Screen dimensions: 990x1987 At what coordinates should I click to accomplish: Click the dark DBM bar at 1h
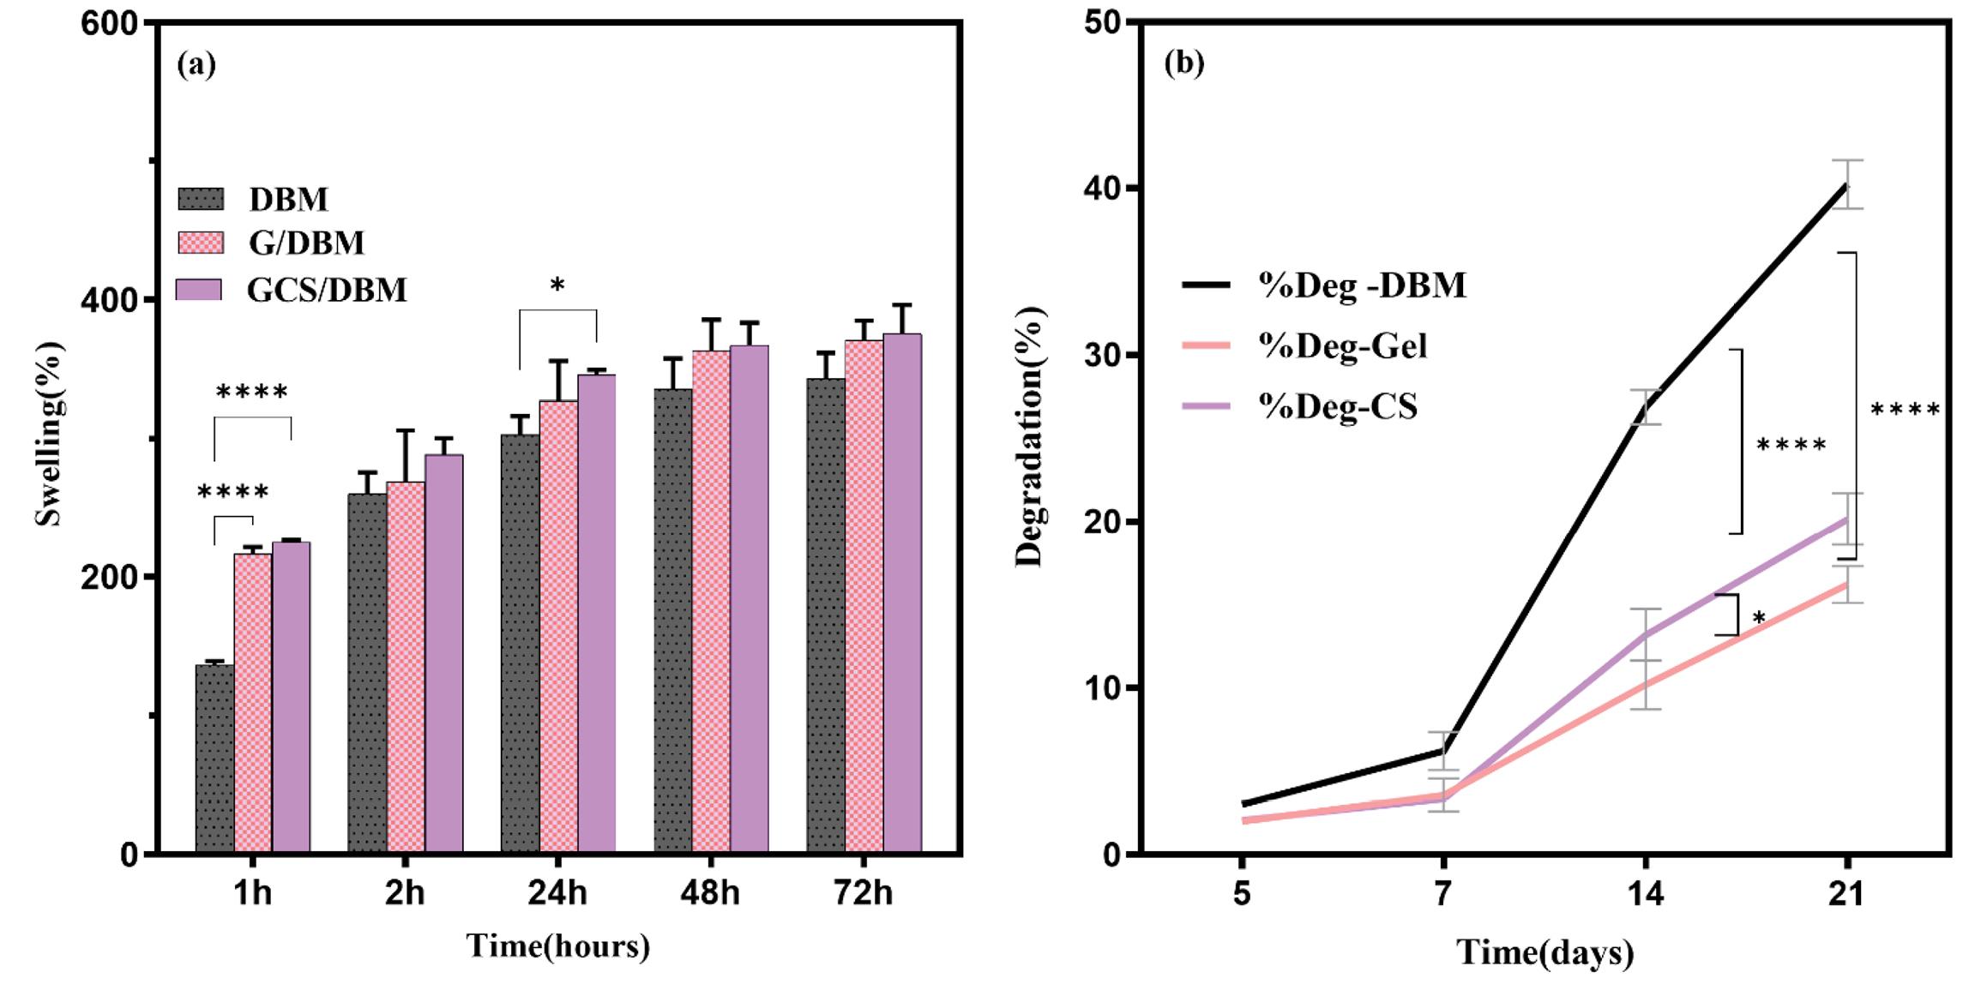(214, 758)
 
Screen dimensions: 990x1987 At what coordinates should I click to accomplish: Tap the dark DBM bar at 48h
(673, 621)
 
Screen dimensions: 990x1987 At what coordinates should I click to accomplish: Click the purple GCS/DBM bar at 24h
(597, 613)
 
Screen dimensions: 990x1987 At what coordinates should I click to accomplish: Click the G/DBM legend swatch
(201, 243)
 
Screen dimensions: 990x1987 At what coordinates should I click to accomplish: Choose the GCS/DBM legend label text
(327, 290)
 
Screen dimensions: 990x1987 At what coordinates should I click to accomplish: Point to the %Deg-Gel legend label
(1342, 345)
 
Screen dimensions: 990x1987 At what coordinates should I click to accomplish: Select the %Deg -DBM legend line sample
(1206, 285)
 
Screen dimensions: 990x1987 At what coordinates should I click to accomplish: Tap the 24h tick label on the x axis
(557, 893)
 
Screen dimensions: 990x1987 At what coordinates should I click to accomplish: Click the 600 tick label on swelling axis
(110, 24)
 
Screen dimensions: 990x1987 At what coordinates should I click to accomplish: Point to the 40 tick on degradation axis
(1104, 188)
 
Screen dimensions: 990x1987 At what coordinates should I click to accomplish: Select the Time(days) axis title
(1545, 953)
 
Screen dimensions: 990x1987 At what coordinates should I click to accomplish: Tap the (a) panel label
(196, 64)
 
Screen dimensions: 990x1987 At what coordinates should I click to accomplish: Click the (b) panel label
(1184, 63)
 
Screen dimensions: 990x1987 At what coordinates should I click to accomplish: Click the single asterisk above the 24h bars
(557, 285)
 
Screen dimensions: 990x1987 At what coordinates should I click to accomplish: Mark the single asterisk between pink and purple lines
(1759, 618)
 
